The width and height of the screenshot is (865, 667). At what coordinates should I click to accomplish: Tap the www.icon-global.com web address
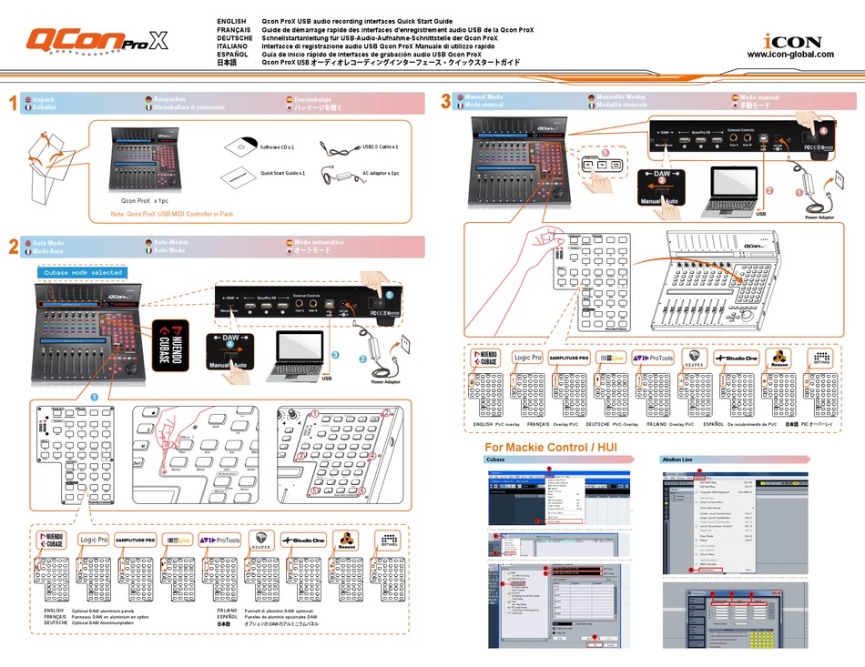click(x=789, y=55)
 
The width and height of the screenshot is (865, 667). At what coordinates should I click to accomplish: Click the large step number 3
click(x=446, y=101)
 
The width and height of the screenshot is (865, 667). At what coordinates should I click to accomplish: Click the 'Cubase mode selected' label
click(x=82, y=272)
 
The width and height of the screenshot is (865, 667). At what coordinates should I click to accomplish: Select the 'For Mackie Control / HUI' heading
click(x=550, y=448)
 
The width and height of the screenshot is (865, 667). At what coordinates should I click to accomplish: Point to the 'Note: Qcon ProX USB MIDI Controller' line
click(x=172, y=215)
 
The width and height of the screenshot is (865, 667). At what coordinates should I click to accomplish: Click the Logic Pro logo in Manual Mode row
click(x=529, y=359)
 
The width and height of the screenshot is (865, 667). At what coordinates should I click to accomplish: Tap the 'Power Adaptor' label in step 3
click(x=819, y=217)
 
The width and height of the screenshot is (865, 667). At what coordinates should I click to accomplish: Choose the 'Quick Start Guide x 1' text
click(x=282, y=172)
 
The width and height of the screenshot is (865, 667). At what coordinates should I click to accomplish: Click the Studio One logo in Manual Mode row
click(x=736, y=359)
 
